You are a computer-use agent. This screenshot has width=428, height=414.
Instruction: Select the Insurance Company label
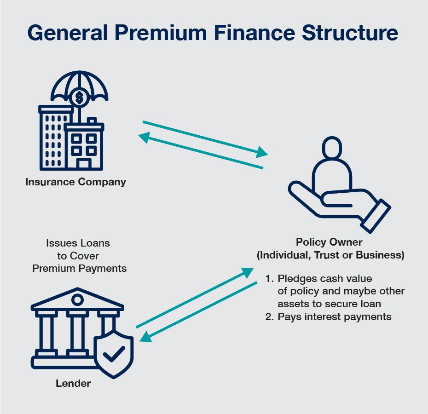pyautogui.click(x=75, y=182)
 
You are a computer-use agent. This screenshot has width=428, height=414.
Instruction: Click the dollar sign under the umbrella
pyautogui.click(x=80, y=97)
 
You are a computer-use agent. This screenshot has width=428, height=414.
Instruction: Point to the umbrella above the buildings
pyautogui.click(x=80, y=85)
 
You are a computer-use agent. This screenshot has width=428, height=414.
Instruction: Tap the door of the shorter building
pyautogui.click(x=84, y=163)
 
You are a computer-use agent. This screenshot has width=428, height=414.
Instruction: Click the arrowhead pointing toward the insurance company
pyautogui.click(x=145, y=137)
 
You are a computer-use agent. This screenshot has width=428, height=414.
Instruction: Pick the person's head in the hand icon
pyautogui.click(x=332, y=149)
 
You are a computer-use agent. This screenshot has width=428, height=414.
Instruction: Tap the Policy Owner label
pyautogui.click(x=329, y=242)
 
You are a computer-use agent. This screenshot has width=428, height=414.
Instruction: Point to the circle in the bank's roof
pyautogui.click(x=77, y=300)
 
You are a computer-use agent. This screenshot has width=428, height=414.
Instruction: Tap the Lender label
pyautogui.click(x=73, y=383)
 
